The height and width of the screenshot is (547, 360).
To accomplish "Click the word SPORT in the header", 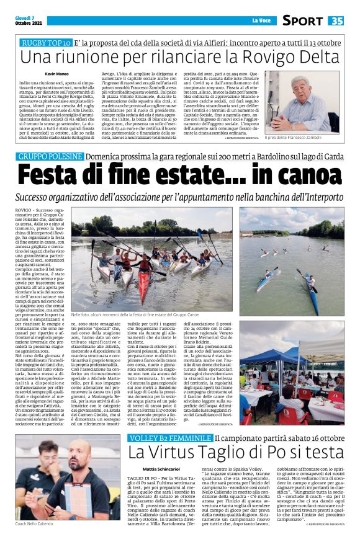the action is tap(302, 20).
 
